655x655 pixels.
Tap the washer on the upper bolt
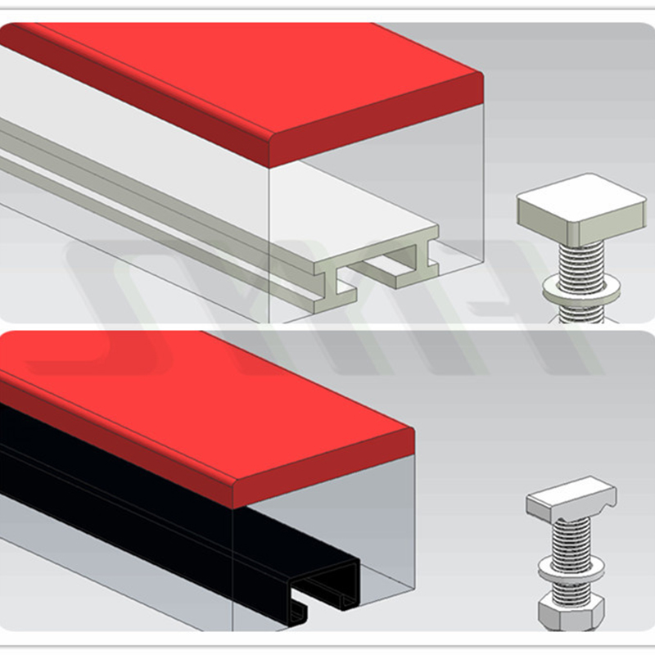pyautogui.click(x=582, y=287)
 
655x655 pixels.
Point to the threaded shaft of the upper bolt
pyautogui.click(x=582, y=262)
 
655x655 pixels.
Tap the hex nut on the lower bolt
pyautogui.click(x=571, y=612)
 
